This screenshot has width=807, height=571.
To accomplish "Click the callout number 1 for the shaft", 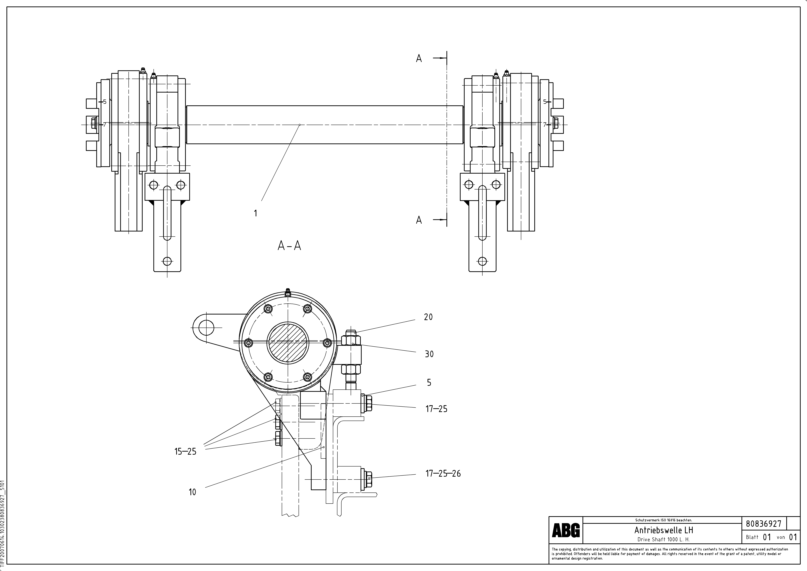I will point(255,213).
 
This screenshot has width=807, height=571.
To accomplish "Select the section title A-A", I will point(289,246).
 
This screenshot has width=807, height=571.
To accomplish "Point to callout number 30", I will point(429,354).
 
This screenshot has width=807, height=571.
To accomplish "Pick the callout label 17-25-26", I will point(443,474).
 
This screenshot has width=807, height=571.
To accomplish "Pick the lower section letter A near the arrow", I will point(419,220).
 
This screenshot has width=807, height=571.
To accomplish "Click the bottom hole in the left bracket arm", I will point(167,261).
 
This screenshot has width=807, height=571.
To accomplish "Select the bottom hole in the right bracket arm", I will point(483,261).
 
